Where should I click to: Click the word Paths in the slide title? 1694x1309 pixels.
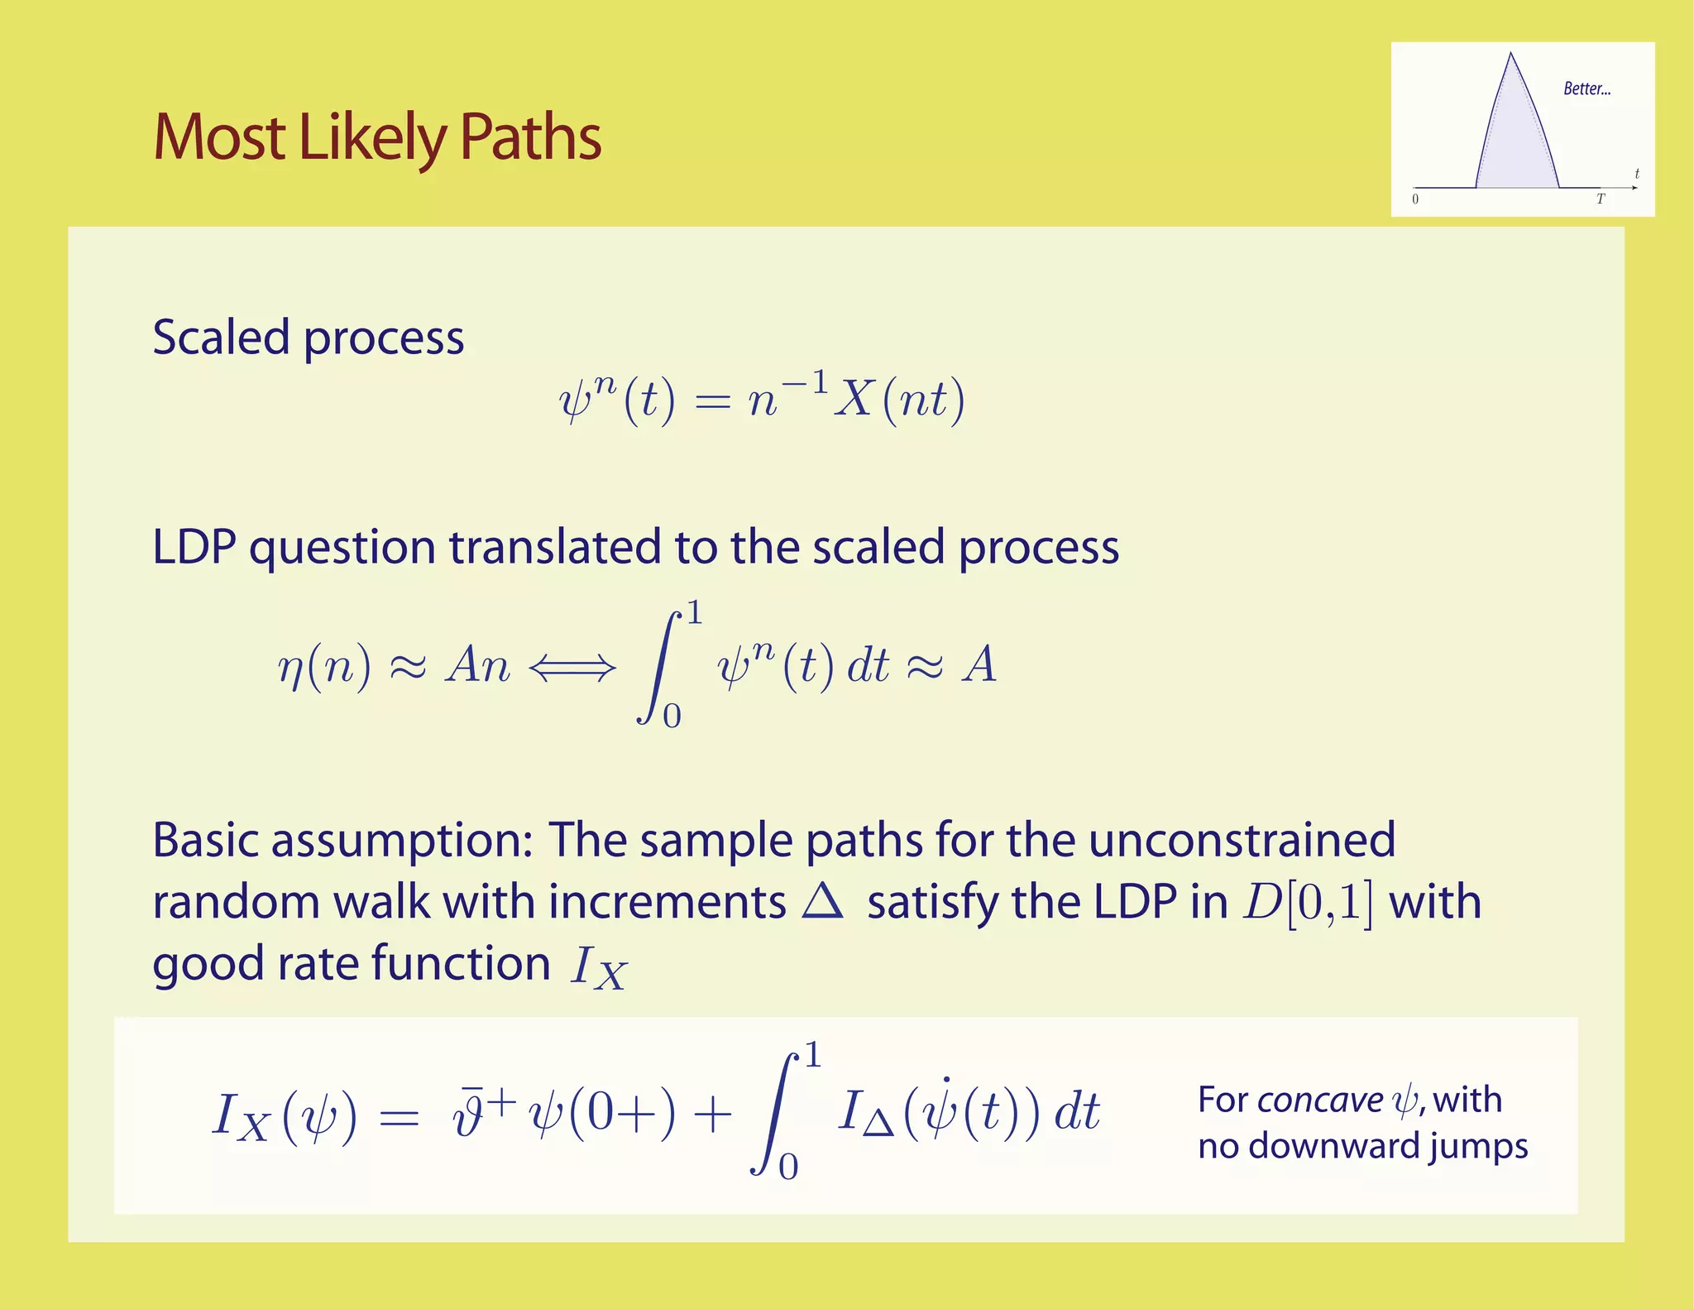tap(529, 137)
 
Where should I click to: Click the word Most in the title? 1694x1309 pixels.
tap(218, 137)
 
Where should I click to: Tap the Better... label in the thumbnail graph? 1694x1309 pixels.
tap(1586, 89)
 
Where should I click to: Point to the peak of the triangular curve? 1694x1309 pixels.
tap(1511, 55)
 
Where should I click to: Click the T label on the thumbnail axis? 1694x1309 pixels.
tap(1600, 199)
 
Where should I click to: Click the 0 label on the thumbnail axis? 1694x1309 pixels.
tap(1415, 199)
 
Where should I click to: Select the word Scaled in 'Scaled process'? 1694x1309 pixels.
tap(221, 338)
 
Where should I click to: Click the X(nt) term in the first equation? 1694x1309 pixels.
tap(899, 400)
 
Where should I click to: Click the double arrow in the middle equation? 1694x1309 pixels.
tap(572, 666)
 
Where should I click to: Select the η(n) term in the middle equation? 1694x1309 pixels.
tap(323, 666)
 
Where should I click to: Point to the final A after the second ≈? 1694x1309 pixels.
tap(979, 664)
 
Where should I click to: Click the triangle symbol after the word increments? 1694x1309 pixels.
tap(822, 901)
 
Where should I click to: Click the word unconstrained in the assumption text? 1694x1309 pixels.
tap(1242, 840)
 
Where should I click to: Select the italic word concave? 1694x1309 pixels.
tap(1319, 1100)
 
